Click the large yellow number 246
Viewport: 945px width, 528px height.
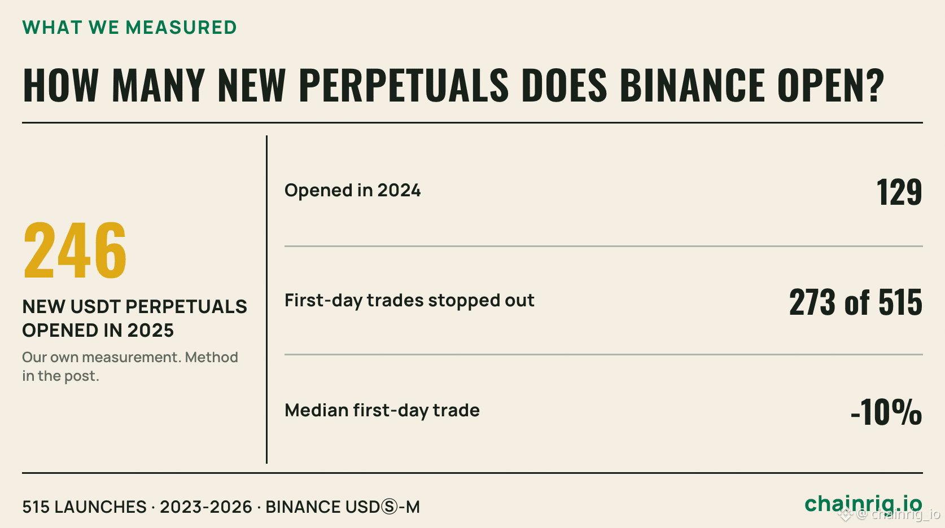tap(75, 250)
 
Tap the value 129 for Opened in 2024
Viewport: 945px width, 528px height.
tap(899, 192)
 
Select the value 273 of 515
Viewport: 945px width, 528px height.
tap(856, 302)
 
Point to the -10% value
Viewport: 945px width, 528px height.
tap(886, 412)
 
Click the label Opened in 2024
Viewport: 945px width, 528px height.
tap(352, 190)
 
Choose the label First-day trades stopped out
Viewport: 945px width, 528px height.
tap(409, 301)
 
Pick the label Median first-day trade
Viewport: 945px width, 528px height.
tap(382, 410)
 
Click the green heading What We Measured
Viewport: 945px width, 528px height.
tap(129, 28)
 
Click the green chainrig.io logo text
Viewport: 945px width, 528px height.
tap(863, 504)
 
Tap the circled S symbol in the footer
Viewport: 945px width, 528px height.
tap(389, 507)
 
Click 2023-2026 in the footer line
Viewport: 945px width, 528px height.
tap(206, 507)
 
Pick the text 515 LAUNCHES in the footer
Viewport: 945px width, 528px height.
tap(84, 507)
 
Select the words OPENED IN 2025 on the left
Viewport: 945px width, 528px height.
tap(98, 330)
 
